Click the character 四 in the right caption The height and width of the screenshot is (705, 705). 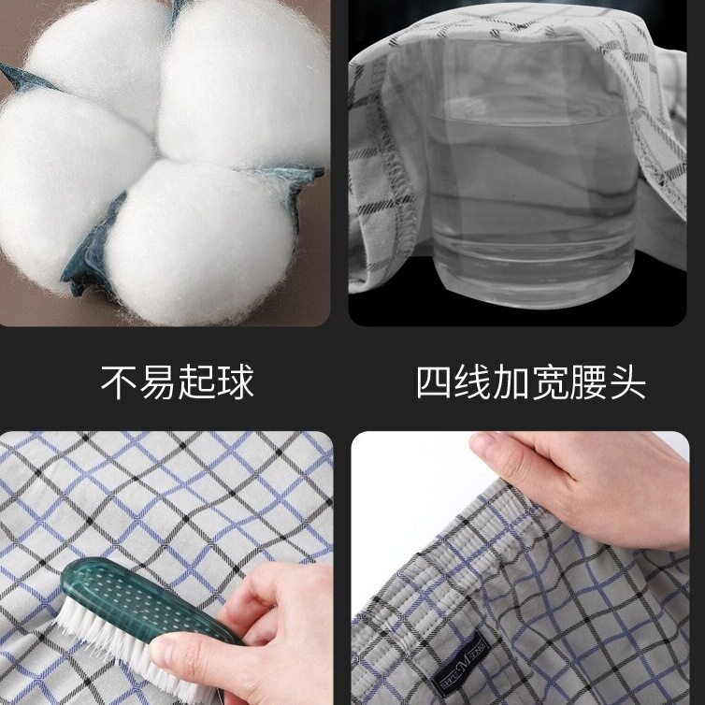(434, 383)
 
